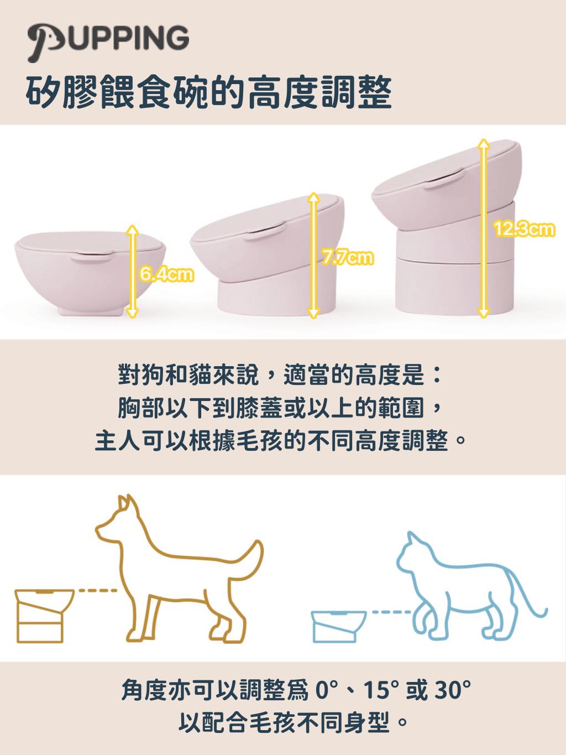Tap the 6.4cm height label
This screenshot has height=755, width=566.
166,274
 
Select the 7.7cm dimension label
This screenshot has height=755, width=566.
348,258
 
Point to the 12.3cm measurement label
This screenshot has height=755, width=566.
525,229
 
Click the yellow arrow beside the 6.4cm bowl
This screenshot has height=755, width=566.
132,271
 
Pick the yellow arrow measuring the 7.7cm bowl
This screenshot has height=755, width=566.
313,255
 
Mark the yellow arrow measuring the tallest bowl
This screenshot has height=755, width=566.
484,228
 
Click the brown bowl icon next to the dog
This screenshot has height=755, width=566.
44,616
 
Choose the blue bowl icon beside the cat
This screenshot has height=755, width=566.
338,626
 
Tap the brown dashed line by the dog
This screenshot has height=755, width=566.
98,591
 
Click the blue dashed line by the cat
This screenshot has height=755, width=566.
392,612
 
